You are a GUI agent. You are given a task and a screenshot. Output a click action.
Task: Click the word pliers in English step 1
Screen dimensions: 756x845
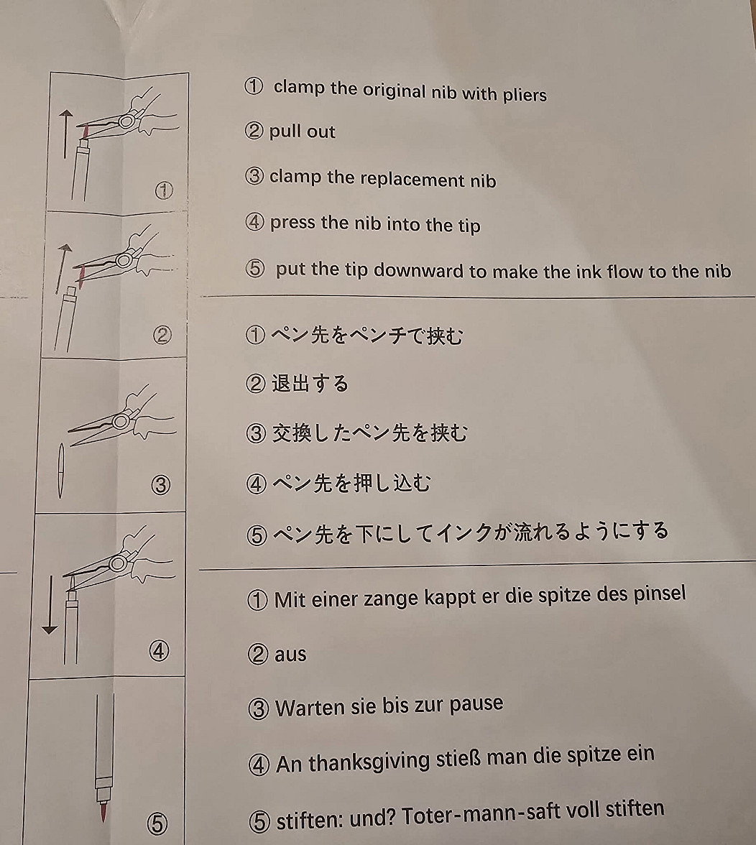pos(525,96)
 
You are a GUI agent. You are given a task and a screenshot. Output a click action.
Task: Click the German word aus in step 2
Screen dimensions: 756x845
pos(290,655)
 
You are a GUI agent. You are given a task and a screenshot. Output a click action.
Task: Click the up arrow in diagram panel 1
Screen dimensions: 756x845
pos(65,134)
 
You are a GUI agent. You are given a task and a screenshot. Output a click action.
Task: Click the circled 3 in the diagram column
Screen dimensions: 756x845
pos(160,485)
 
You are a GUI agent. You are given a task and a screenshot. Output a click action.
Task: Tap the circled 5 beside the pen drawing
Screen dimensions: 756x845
pos(157,823)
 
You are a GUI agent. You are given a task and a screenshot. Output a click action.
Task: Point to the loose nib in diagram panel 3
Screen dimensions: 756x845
pos(61,471)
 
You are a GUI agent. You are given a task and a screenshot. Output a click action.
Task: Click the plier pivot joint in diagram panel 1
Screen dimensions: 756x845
pos(126,121)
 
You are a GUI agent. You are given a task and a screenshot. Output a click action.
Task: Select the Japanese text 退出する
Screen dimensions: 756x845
pos(310,384)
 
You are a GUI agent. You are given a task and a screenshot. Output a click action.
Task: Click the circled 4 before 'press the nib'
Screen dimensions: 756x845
pos(255,221)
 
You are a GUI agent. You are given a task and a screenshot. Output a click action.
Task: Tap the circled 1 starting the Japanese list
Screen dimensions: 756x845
pos(255,335)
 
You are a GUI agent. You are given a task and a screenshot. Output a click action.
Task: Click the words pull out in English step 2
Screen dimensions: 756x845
pos(303,131)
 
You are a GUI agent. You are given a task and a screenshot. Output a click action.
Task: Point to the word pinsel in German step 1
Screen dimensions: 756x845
pos(660,594)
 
